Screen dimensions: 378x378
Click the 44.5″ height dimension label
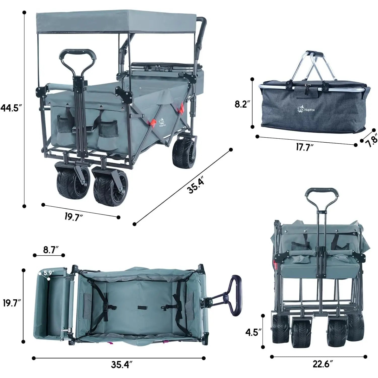pyautogui.click(x=11, y=108)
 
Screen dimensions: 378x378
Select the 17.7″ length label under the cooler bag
pyautogui.click(x=304, y=147)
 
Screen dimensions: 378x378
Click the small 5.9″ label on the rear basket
pyautogui.click(x=48, y=273)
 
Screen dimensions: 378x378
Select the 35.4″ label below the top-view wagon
pyautogui.click(x=122, y=364)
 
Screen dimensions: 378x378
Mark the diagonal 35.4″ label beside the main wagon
pyautogui.click(x=196, y=185)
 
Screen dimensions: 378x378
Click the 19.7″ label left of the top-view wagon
pyautogui.click(x=12, y=303)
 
